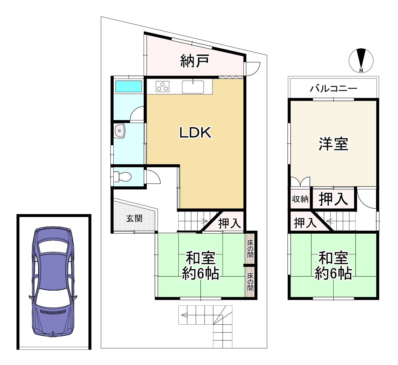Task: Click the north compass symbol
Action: [x=361, y=60]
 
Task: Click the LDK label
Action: [x=195, y=133]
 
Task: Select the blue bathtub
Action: [x=129, y=86]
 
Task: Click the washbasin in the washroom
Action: [x=120, y=131]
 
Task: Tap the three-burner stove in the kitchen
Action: [x=162, y=86]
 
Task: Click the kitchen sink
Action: [x=193, y=87]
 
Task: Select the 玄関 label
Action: [x=134, y=219]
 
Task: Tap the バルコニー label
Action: [x=333, y=88]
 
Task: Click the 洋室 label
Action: [x=333, y=144]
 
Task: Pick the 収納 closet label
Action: [x=300, y=199]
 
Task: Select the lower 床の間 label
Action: [x=250, y=282]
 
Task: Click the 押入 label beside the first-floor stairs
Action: [x=229, y=224]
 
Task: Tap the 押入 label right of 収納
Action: [x=333, y=199]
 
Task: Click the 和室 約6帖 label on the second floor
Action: [x=333, y=266]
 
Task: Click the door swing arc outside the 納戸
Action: [x=254, y=68]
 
